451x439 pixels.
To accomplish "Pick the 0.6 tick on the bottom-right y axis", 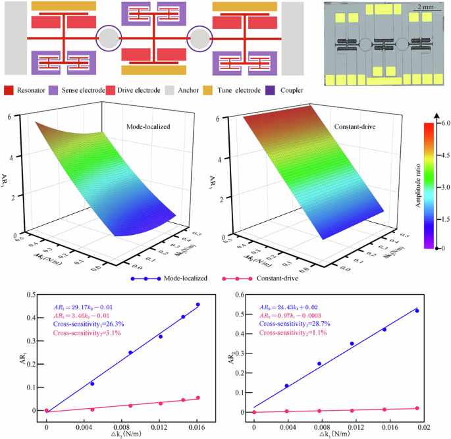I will coord(243,296).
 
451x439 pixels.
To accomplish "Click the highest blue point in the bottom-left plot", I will coord(198,305).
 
